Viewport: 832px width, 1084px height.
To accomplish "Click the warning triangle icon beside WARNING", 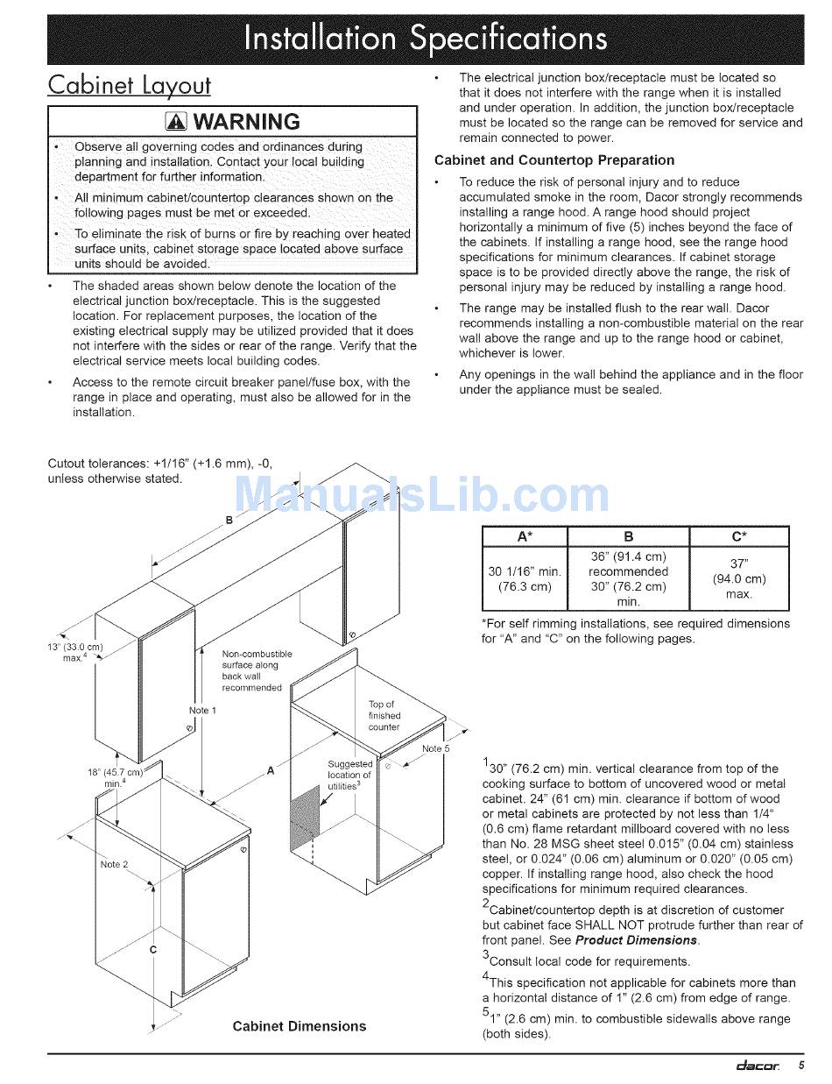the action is [176, 121].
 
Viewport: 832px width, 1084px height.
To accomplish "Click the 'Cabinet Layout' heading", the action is [130, 85].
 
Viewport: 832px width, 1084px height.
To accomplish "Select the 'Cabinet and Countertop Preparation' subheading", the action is [553, 160].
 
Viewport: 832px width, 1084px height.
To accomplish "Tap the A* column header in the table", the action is [525, 536].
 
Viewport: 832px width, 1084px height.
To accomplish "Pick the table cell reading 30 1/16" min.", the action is [525, 578].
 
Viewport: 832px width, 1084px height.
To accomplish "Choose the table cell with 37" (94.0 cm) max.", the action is [739, 578].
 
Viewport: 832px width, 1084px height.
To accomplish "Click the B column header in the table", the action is [628, 536].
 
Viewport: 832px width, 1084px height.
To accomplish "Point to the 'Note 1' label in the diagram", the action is [202, 711].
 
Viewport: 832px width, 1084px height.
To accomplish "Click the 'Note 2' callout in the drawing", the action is [114, 865].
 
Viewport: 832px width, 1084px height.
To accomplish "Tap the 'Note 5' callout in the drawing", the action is [435, 748].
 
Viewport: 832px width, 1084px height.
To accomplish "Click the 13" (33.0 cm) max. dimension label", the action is [74, 653].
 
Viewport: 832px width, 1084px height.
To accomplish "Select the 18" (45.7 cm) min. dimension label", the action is [115, 778].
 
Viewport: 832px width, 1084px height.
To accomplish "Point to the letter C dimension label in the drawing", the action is [153, 950].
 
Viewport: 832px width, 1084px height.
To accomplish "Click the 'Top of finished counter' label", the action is [384, 715].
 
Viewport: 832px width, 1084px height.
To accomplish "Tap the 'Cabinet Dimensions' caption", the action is [300, 1026].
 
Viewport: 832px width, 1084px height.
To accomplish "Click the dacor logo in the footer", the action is [758, 1066].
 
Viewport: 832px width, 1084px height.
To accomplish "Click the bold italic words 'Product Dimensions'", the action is [636, 939].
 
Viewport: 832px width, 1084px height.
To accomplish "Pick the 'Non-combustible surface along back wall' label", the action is [257, 671].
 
